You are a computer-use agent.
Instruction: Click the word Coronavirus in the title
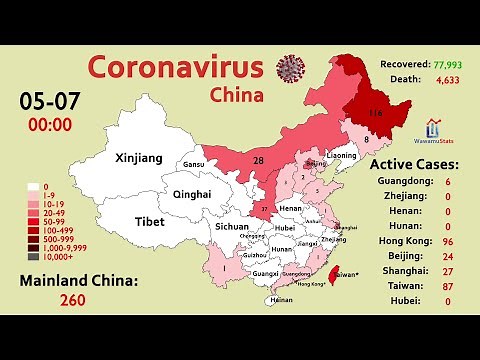click(176, 68)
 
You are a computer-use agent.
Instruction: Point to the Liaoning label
click(341, 156)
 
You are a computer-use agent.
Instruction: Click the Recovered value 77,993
click(446, 65)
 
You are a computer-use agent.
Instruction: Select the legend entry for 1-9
click(40, 195)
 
